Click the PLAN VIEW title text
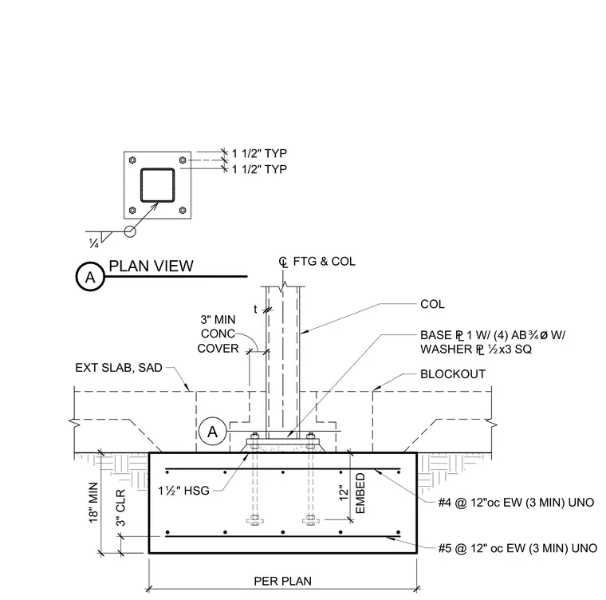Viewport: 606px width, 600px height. [151, 266]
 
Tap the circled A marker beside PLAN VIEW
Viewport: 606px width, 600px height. [90, 277]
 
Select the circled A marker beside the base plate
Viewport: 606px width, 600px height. [213, 432]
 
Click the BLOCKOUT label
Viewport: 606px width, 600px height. [453, 374]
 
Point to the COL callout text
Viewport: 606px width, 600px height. [432, 304]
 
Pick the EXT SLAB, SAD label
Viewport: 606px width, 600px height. [119, 368]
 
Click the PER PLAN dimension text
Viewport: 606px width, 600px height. [282, 581]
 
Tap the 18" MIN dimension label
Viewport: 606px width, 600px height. [93, 503]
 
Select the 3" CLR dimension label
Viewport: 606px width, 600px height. [121, 508]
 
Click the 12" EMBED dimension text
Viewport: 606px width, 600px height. [352, 493]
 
